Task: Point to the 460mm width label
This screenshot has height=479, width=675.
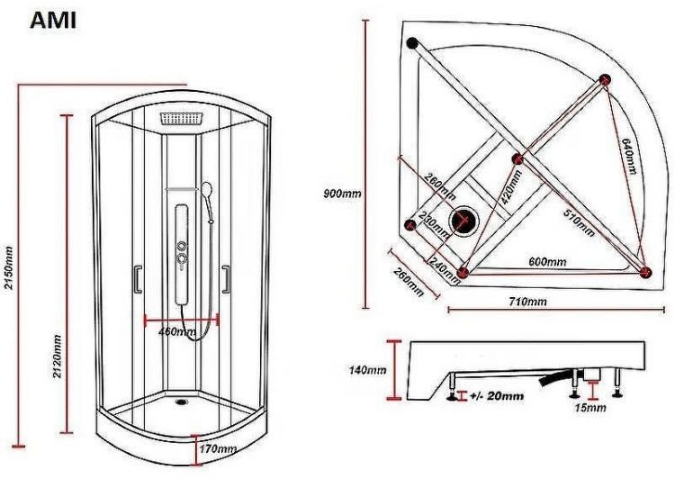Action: pyautogui.click(x=177, y=331)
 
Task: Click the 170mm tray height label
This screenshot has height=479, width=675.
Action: pyautogui.click(x=217, y=447)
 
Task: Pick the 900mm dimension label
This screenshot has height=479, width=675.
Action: pyautogui.click(x=342, y=193)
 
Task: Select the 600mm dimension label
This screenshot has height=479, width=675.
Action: pyautogui.click(x=547, y=262)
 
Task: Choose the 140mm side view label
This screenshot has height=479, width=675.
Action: pyautogui.click(x=369, y=369)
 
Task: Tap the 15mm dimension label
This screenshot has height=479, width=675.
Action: pyautogui.click(x=589, y=408)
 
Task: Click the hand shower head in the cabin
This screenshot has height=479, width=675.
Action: pyautogui.click(x=208, y=191)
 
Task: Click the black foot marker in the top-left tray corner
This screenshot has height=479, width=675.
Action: pyautogui.click(x=412, y=42)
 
